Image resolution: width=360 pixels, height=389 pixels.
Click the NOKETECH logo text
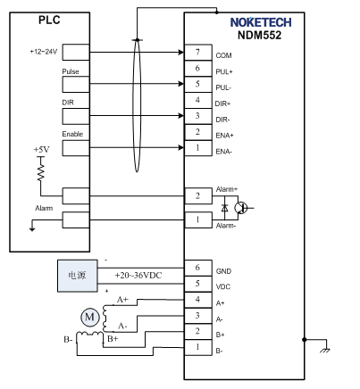(261, 22)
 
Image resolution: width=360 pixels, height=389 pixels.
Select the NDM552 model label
(259, 35)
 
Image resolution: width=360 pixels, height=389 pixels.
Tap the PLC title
(49, 20)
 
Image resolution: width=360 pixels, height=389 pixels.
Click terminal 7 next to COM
(198, 53)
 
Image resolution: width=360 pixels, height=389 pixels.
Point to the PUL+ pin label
(224, 71)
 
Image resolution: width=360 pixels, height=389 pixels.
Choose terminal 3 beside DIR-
(198, 116)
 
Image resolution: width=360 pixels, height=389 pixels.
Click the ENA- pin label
(223, 152)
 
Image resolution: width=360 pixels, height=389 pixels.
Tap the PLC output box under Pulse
(76, 84)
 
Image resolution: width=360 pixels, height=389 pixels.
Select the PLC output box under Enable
(76, 148)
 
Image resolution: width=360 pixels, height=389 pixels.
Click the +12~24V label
(44, 52)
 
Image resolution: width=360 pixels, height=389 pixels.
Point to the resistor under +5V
(41, 171)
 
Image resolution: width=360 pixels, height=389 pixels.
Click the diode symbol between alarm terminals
(225, 208)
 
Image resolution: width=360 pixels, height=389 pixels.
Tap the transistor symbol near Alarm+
(241, 208)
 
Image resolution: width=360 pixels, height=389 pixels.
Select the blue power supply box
(78, 276)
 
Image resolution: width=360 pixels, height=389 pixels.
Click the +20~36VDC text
(138, 275)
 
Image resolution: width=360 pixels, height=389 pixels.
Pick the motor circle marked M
(89, 317)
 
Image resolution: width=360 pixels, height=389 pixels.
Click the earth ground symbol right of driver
(325, 349)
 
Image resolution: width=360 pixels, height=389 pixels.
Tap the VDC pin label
(223, 286)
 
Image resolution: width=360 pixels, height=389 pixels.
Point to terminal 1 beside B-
(198, 347)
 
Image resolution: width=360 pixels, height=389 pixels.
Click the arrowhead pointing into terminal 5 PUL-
(181, 84)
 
